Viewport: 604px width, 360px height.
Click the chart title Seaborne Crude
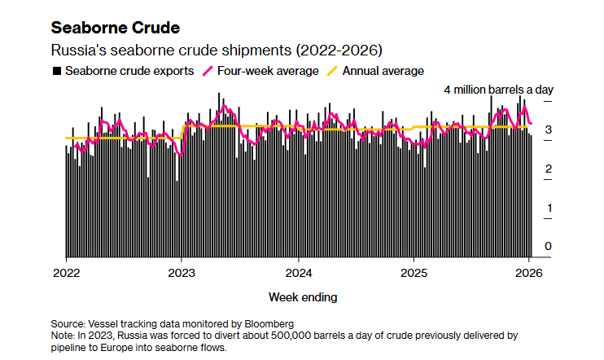(115, 29)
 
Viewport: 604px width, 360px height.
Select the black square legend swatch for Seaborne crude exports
(56, 71)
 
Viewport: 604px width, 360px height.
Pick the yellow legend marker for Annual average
(331, 71)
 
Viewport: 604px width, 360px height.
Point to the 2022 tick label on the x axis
(66, 272)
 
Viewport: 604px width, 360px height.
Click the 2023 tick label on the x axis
(182, 272)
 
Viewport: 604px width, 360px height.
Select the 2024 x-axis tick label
(299, 272)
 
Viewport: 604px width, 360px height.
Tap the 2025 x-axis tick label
(414, 272)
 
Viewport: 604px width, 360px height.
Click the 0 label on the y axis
(549, 246)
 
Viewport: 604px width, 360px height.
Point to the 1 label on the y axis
(549, 208)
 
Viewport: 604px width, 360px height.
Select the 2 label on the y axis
(549, 169)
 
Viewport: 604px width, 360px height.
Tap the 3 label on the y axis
(549, 130)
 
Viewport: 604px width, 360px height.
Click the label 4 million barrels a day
(497, 89)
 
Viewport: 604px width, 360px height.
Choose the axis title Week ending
(302, 296)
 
